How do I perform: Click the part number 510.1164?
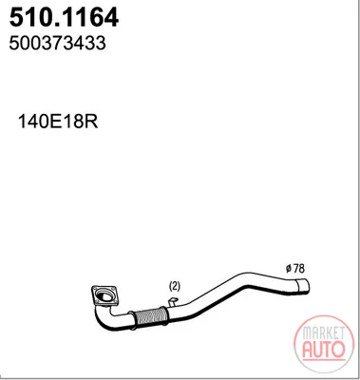pos(64,17)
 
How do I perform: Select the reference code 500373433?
pos(57,43)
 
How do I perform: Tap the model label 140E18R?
pos(58,121)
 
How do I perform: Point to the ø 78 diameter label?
pos(294,269)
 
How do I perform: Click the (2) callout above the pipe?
pos(175,287)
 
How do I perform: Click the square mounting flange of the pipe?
pos(104,296)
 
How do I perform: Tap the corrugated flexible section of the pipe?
pos(149,315)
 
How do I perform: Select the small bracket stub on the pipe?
pos(173,302)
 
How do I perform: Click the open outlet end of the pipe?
pos(303,286)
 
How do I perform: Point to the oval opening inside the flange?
pos(104,295)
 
